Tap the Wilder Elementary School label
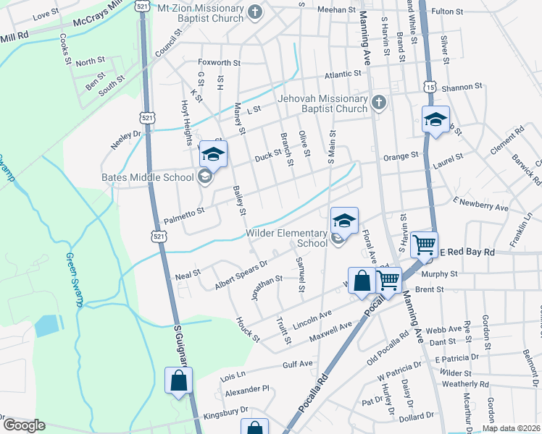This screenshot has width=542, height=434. pyautogui.click(x=287, y=238)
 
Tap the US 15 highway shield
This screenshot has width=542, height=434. pyautogui.click(x=430, y=86)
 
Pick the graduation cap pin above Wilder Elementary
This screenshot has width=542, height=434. pyautogui.click(x=345, y=221)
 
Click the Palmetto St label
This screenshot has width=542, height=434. pyautogui.click(x=185, y=210)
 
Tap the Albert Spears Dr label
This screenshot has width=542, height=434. pyautogui.click(x=241, y=275)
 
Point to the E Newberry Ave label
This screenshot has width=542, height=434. pyautogui.click(x=480, y=203)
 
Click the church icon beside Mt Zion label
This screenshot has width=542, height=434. pyautogui.click(x=254, y=12)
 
